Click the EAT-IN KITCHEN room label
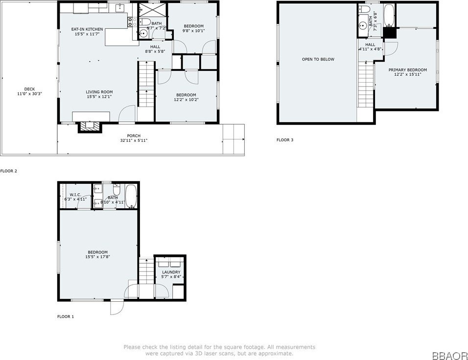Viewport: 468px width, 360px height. pyautogui.click(x=87, y=29)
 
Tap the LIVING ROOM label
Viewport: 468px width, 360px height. pyautogui.click(x=99, y=92)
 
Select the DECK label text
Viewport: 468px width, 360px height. pyautogui.click(x=29, y=89)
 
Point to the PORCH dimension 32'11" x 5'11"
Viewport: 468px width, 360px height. pyautogui.click(x=134, y=140)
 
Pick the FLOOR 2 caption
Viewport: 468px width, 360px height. pyautogui.click(x=9, y=171)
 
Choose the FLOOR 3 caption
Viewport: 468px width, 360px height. pyautogui.click(x=285, y=140)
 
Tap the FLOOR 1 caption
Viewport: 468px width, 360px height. pyautogui.click(x=66, y=316)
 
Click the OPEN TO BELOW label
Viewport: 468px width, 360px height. pyautogui.click(x=318, y=59)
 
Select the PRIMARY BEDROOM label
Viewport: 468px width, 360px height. pyautogui.click(x=407, y=70)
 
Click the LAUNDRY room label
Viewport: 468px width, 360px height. pyautogui.click(x=171, y=272)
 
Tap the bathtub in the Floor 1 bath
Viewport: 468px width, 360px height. pyautogui.click(x=130, y=197)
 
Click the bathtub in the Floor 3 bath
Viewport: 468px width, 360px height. pyautogui.click(x=388, y=15)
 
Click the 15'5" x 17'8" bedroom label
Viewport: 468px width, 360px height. pyautogui.click(x=98, y=252)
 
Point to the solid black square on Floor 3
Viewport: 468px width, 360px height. pyautogui.click(x=390, y=32)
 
